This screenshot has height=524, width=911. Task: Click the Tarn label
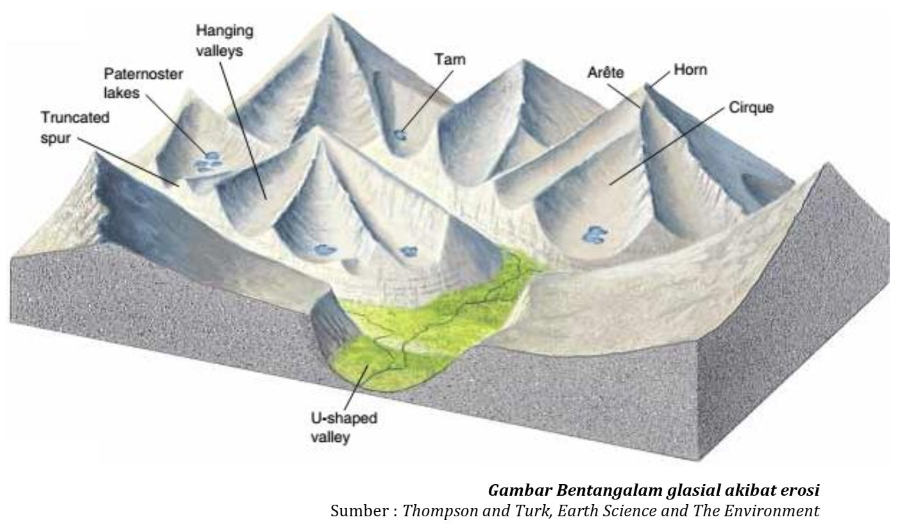point(450,60)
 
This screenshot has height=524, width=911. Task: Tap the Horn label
point(690,69)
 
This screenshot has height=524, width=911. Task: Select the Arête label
point(606,72)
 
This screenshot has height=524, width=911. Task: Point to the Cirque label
point(751,107)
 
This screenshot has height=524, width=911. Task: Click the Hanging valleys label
point(225,40)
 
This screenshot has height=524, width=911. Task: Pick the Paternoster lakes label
point(144,83)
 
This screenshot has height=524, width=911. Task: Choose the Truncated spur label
point(75,127)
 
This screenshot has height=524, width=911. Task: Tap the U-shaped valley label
point(344,428)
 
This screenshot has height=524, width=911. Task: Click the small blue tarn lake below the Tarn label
point(400,135)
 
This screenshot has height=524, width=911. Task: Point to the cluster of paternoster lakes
point(207,161)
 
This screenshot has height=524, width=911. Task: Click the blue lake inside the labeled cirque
point(595,235)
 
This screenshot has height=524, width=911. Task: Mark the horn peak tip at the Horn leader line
point(646,85)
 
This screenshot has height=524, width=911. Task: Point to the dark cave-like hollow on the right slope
point(751,185)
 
